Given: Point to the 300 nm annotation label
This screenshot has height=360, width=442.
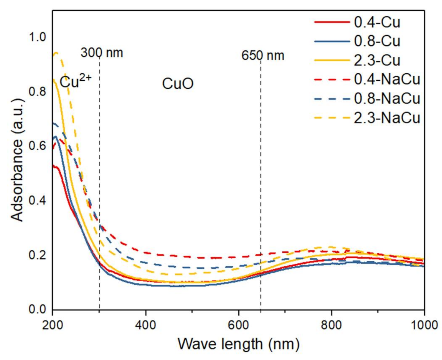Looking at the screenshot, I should pos(102,53).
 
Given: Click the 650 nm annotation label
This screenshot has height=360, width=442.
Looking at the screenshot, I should pos(263,55).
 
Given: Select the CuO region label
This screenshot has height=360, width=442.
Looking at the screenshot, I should pos(178,84).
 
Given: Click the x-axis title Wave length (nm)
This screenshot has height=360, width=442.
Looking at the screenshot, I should pos(238,344).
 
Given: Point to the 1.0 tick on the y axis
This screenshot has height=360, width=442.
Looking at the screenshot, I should pos(37,37).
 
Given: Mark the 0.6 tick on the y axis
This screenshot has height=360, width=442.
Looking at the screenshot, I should pos(37,146).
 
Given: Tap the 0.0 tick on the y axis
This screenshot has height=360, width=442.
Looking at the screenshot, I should pos(37,309).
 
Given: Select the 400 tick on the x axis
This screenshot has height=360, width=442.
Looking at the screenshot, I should pos(145,325).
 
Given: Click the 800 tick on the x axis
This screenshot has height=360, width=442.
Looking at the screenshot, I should pos(331,325).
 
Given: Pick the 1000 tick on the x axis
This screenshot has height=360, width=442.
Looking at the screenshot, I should pos(424,325).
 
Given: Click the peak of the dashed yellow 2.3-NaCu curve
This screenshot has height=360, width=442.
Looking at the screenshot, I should pos(56,53).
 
